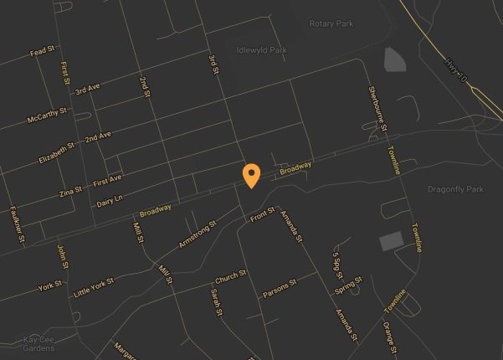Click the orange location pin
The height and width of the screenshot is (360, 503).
tap(250, 175)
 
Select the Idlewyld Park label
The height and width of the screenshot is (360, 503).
tap(261, 50)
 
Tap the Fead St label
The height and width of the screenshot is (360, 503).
tap(42, 52)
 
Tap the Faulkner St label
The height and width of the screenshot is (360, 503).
tap(18, 224)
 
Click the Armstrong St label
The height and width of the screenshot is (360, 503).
tap(198, 234)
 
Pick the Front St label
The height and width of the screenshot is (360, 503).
tap(262, 215)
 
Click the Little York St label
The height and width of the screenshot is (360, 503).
tap(91, 287)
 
